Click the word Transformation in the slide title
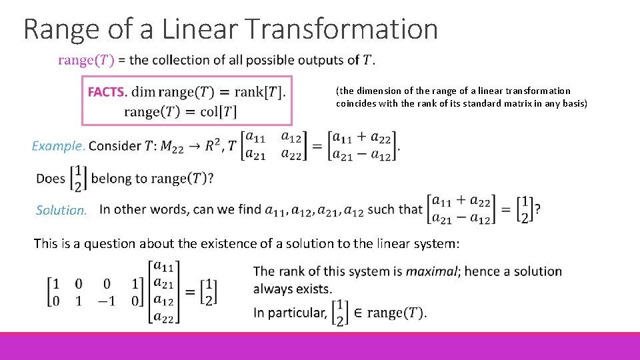point(342,29)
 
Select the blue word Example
point(59,146)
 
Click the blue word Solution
point(61,211)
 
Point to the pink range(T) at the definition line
point(86,61)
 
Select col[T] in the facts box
point(219,111)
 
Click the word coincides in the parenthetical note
point(357,103)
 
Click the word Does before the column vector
point(51,179)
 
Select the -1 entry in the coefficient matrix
point(107,301)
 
